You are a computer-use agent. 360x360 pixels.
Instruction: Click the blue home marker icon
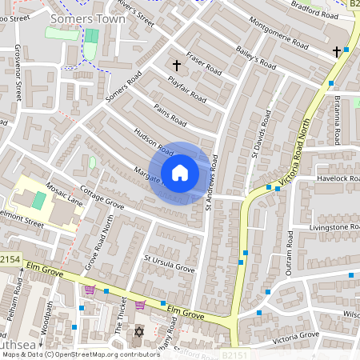pos(179,173)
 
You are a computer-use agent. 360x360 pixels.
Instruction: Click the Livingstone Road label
pos(334,227)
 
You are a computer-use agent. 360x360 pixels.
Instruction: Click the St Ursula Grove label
pos(169,264)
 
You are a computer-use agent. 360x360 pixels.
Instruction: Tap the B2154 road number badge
pos(10,260)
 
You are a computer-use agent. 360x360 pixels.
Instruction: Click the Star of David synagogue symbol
pos(138,332)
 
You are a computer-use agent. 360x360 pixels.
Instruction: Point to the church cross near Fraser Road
pos(177,64)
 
